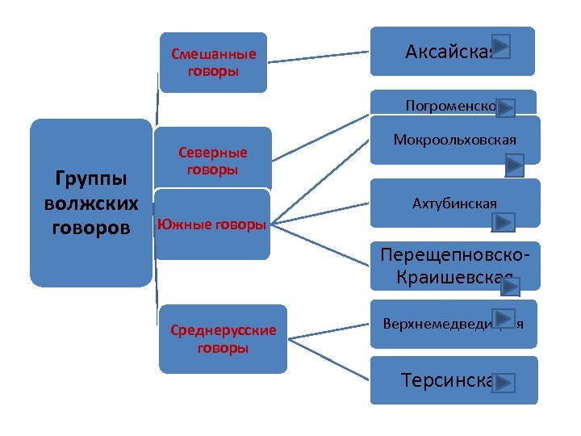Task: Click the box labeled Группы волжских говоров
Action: click(90, 203)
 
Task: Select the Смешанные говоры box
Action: click(213, 62)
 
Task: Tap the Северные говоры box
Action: click(213, 159)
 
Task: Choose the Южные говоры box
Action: click(211, 224)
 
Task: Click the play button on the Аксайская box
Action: click(500, 47)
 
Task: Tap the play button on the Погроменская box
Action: click(506, 107)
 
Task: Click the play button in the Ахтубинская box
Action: click(504, 221)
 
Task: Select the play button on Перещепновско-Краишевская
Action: click(508, 284)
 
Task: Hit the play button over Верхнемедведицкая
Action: click(504, 319)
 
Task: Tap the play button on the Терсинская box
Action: click(504, 382)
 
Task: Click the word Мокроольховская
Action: click(454, 140)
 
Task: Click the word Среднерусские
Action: click(223, 330)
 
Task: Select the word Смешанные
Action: click(213, 55)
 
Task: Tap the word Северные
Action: click(213, 152)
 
